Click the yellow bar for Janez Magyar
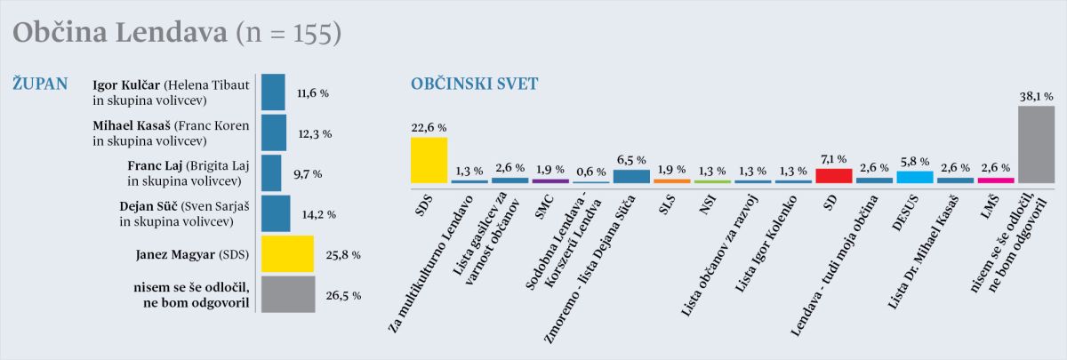(287, 253)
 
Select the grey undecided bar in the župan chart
(287, 293)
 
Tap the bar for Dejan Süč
(276, 213)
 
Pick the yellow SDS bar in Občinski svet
(429, 160)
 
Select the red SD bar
(834, 175)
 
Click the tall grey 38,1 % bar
(1037, 143)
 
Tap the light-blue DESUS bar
(915, 177)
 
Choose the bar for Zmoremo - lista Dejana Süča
(631, 176)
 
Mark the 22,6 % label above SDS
(429, 128)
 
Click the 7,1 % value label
(834, 158)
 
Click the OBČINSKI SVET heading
(474, 84)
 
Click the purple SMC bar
(550, 180)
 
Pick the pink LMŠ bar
(996, 180)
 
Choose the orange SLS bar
(671, 180)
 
